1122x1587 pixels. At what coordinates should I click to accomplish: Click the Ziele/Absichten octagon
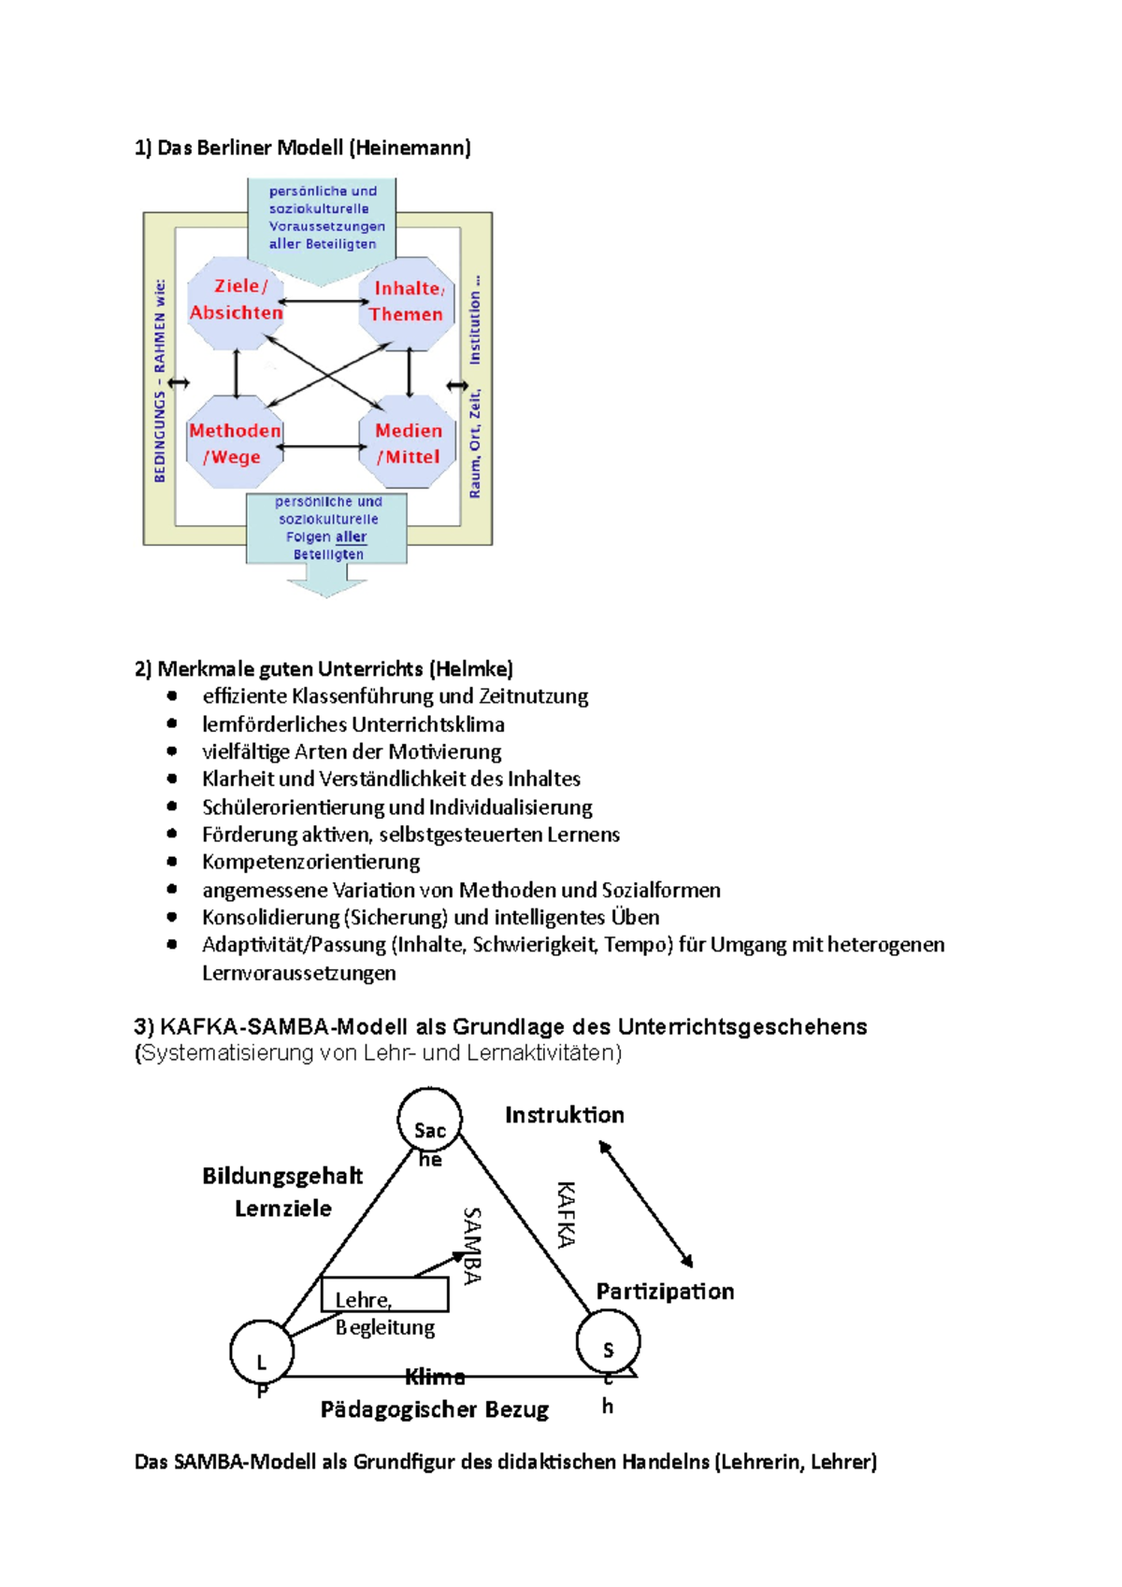click(236, 301)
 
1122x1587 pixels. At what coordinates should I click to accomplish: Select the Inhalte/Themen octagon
click(407, 302)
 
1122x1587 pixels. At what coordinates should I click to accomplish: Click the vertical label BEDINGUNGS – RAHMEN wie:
click(159, 380)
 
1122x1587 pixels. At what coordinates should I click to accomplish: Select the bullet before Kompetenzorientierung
click(172, 862)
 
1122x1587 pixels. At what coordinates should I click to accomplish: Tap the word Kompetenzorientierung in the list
click(310, 862)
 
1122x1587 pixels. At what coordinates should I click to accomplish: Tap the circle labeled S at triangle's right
click(608, 1342)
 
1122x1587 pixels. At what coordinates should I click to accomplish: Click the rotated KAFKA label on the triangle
click(566, 1214)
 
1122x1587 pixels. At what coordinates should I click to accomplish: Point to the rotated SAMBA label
click(472, 1245)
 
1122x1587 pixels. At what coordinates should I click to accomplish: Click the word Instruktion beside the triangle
click(564, 1115)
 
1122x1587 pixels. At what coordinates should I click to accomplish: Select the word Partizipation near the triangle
click(665, 1292)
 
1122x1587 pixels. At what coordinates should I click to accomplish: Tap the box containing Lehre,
click(384, 1294)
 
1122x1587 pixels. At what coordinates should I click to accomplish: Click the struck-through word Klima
click(435, 1377)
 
